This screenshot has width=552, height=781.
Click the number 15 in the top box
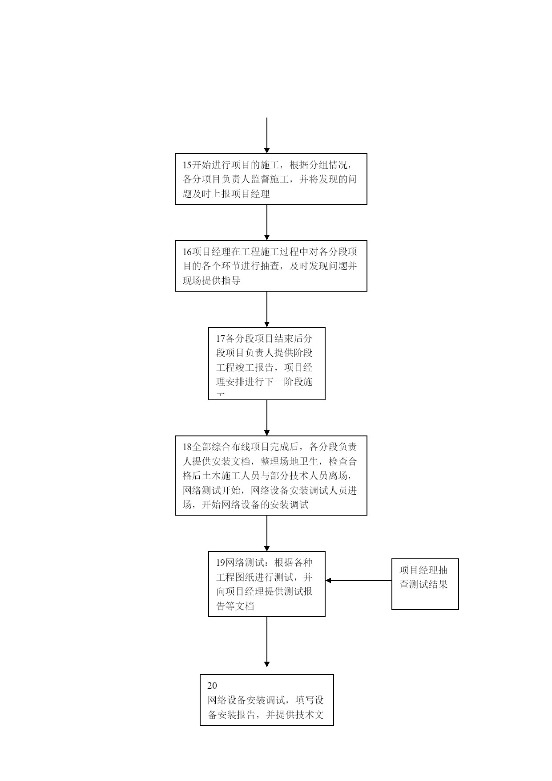point(187,165)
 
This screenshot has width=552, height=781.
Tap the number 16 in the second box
point(187,252)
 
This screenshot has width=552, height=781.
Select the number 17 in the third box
point(221,339)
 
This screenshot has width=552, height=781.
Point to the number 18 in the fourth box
point(187,447)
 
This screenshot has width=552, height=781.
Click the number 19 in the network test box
point(221,563)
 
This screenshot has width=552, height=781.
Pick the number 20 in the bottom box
point(212,686)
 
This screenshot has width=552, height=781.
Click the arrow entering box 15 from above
point(267,136)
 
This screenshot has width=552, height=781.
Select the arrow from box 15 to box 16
point(267,223)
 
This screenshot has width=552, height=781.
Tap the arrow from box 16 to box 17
point(267,309)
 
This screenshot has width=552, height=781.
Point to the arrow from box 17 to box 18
point(267,418)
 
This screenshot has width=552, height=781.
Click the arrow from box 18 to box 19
point(267,533)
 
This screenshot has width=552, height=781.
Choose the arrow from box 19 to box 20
point(267,642)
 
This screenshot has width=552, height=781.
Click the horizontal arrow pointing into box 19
point(359,581)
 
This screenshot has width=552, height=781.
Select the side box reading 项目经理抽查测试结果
point(425,584)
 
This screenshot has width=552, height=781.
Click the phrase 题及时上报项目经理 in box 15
point(226,194)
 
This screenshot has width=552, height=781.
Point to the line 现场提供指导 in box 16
point(212,281)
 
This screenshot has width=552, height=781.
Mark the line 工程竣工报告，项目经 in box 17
point(265,368)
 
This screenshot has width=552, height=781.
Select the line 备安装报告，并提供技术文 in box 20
point(266,715)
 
